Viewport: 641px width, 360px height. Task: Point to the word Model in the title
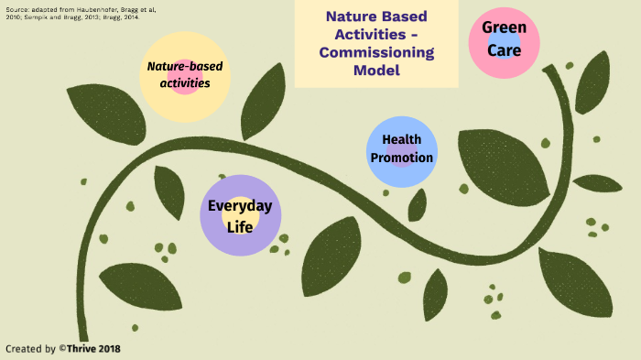coord(375,70)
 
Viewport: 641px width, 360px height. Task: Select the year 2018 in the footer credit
coord(111,349)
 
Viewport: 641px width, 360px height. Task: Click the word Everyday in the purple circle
coord(240,206)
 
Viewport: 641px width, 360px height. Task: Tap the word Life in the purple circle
coord(240,225)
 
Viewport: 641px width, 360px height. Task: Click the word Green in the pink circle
coord(505,28)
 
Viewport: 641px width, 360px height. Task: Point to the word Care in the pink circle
coord(505,50)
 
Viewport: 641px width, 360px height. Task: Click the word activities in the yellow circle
coord(185,83)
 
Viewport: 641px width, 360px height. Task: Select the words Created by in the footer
coord(31,349)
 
